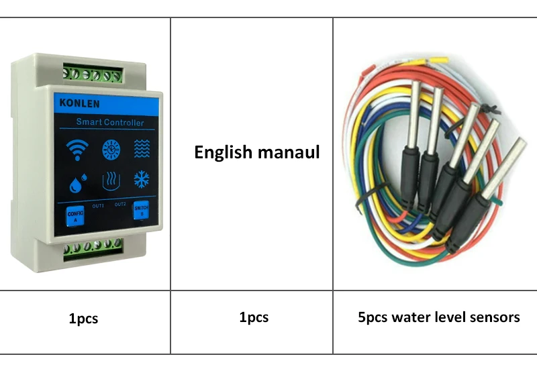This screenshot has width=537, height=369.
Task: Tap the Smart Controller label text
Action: (x=109, y=122)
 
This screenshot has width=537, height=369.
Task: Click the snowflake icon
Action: (x=141, y=180)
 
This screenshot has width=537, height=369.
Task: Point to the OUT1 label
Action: (x=98, y=205)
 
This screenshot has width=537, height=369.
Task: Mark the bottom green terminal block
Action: (x=93, y=250)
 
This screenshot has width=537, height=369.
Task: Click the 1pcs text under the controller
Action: (x=83, y=319)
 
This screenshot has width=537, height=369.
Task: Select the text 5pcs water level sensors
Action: (x=438, y=317)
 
